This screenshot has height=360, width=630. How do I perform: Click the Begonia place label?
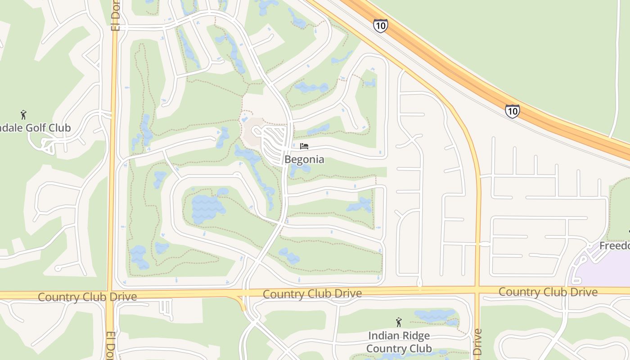tap(304, 160)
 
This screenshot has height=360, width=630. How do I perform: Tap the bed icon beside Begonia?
tap(304, 146)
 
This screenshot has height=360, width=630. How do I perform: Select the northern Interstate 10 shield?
tap(380, 26)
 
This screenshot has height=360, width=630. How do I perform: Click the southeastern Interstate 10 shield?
tap(512, 111)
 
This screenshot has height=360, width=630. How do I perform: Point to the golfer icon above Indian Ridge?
tap(398, 322)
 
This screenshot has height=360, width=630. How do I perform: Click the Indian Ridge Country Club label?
tap(399, 342)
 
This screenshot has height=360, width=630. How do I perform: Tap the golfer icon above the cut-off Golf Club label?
tap(24, 115)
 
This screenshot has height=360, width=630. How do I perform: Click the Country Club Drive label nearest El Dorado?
tap(87, 297)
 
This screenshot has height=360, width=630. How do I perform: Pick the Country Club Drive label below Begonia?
tap(312, 294)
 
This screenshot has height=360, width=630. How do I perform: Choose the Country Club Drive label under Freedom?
tap(548, 292)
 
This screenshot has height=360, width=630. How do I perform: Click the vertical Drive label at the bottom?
tap(477, 344)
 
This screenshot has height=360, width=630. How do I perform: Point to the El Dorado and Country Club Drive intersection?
tap(111, 295)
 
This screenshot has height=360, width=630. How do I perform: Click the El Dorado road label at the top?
tap(116, 15)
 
